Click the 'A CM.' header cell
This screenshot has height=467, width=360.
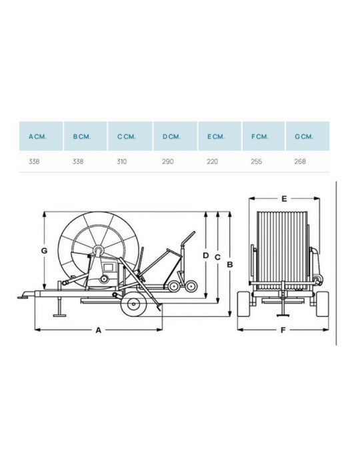tap(41, 136)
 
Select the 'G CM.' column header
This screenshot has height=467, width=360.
tap(307, 136)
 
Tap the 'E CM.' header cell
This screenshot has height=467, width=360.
tap(219, 136)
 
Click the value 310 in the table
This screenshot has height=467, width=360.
tap(122, 161)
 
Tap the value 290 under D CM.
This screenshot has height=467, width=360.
tap(168, 161)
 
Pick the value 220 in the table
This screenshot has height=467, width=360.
tap(212, 161)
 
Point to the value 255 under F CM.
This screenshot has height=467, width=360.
tap(256, 161)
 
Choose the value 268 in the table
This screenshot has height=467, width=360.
tap(300, 161)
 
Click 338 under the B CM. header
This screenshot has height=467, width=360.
tap(78, 161)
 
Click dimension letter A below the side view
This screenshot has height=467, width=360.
tap(99, 330)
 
